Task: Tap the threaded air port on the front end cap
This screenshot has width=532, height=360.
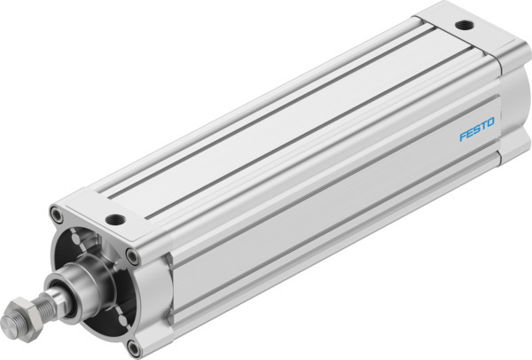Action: [114, 218]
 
